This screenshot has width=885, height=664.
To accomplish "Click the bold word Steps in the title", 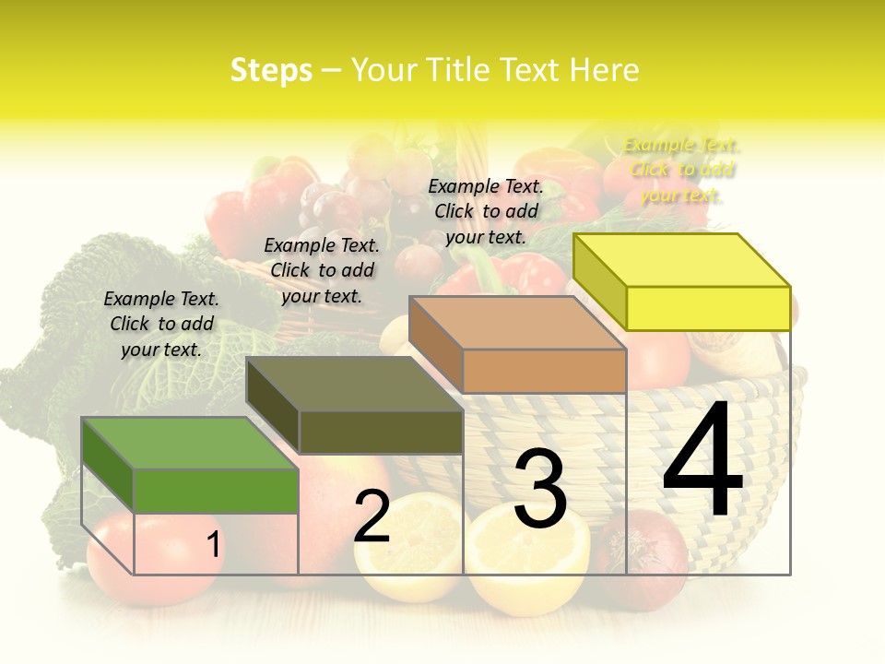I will pyautogui.click(x=271, y=70).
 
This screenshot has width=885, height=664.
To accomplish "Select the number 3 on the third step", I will pyautogui.click(x=539, y=489).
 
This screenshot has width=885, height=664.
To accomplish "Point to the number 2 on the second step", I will pyautogui.click(x=372, y=516).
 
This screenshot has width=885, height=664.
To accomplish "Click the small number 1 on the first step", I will pyautogui.click(x=213, y=545).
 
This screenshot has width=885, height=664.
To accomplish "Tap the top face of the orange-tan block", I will pyautogui.click(x=516, y=323).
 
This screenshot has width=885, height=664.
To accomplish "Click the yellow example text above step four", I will pyautogui.click(x=681, y=170).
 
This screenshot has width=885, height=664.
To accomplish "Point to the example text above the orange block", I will pyautogui.click(x=486, y=211).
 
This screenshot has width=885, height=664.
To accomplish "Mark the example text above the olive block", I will pyautogui.click(x=322, y=270).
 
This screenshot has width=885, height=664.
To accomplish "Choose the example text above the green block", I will pyautogui.click(x=161, y=324).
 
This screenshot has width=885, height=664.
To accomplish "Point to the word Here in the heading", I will pyautogui.click(x=605, y=70).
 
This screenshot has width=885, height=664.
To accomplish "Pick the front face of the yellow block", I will pyautogui.click(x=708, y=308).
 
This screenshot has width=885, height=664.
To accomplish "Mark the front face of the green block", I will pyautogui.click(x=216, y=491).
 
